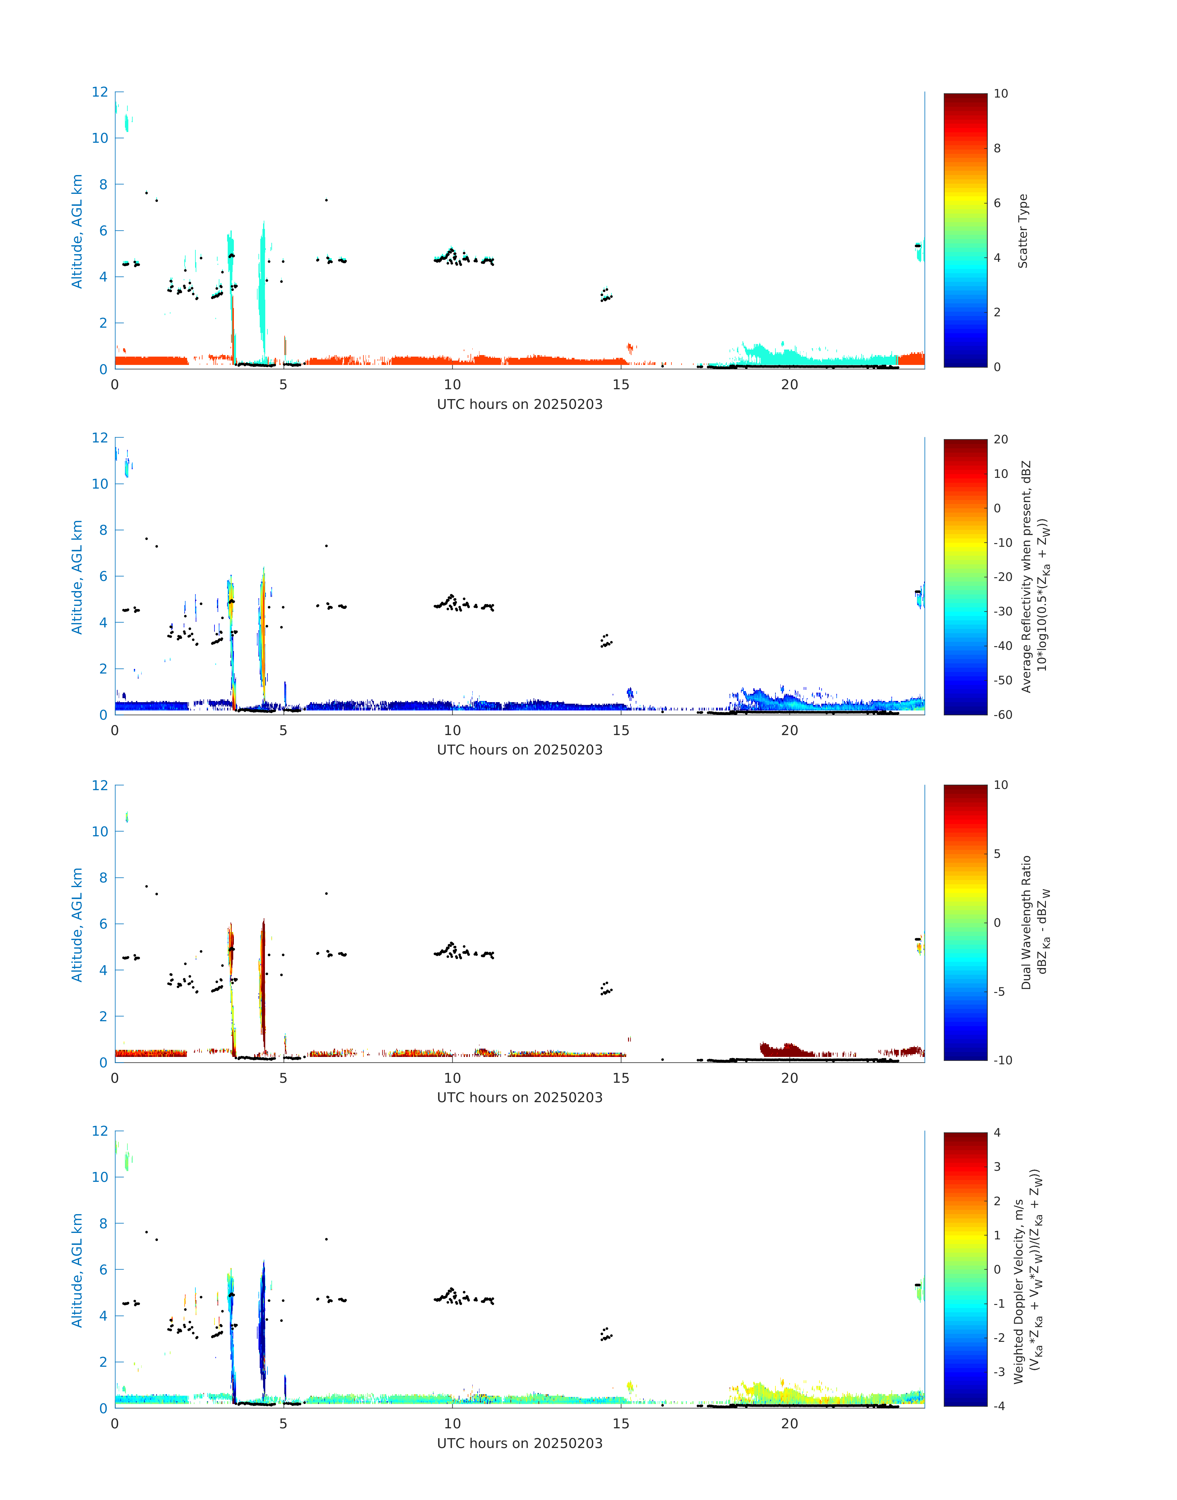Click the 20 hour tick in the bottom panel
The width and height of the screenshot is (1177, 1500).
(790, 1423)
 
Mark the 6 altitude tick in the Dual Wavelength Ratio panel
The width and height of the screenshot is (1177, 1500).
(103, 924)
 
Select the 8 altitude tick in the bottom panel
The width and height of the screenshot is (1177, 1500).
(103, 1224)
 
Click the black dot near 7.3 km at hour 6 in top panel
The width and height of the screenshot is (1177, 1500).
(326, 201)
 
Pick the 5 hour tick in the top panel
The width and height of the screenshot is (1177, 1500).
(283, 385)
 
